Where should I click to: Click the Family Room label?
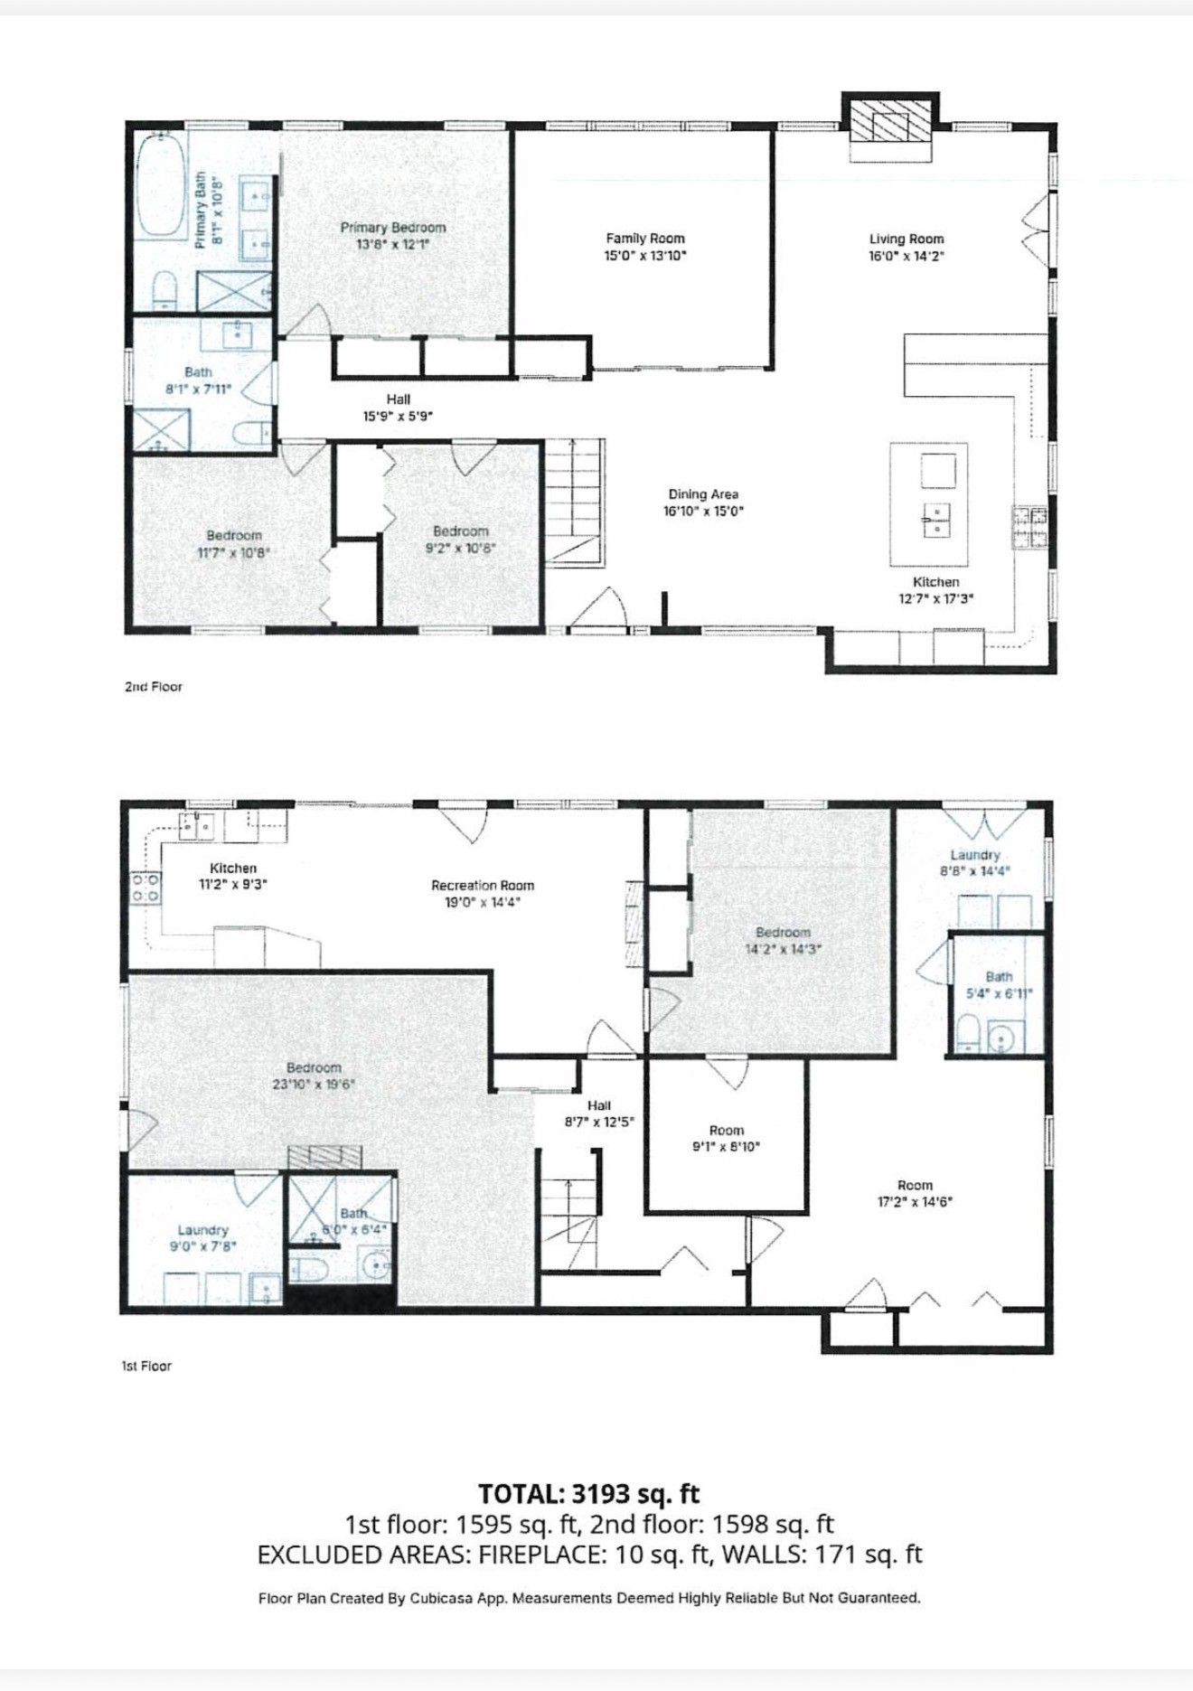(645, 239)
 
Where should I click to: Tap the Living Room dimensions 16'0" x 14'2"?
(906, 256)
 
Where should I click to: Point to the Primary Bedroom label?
(392, 228)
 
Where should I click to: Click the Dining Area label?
(703, 494)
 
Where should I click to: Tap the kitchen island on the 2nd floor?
(928, 502)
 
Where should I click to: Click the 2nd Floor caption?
(154, 687)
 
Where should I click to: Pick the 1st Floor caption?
(146, 1366)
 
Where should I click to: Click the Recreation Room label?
(483, 886)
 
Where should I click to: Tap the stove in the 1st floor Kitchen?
(146, 888)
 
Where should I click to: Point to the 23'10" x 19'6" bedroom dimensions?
(314, 1085)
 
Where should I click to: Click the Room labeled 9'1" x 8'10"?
(727, 1131)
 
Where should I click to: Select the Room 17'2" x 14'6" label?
(916, 1185)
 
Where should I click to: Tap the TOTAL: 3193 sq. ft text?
(589, 1492)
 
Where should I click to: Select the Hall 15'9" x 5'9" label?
(398, 399)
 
